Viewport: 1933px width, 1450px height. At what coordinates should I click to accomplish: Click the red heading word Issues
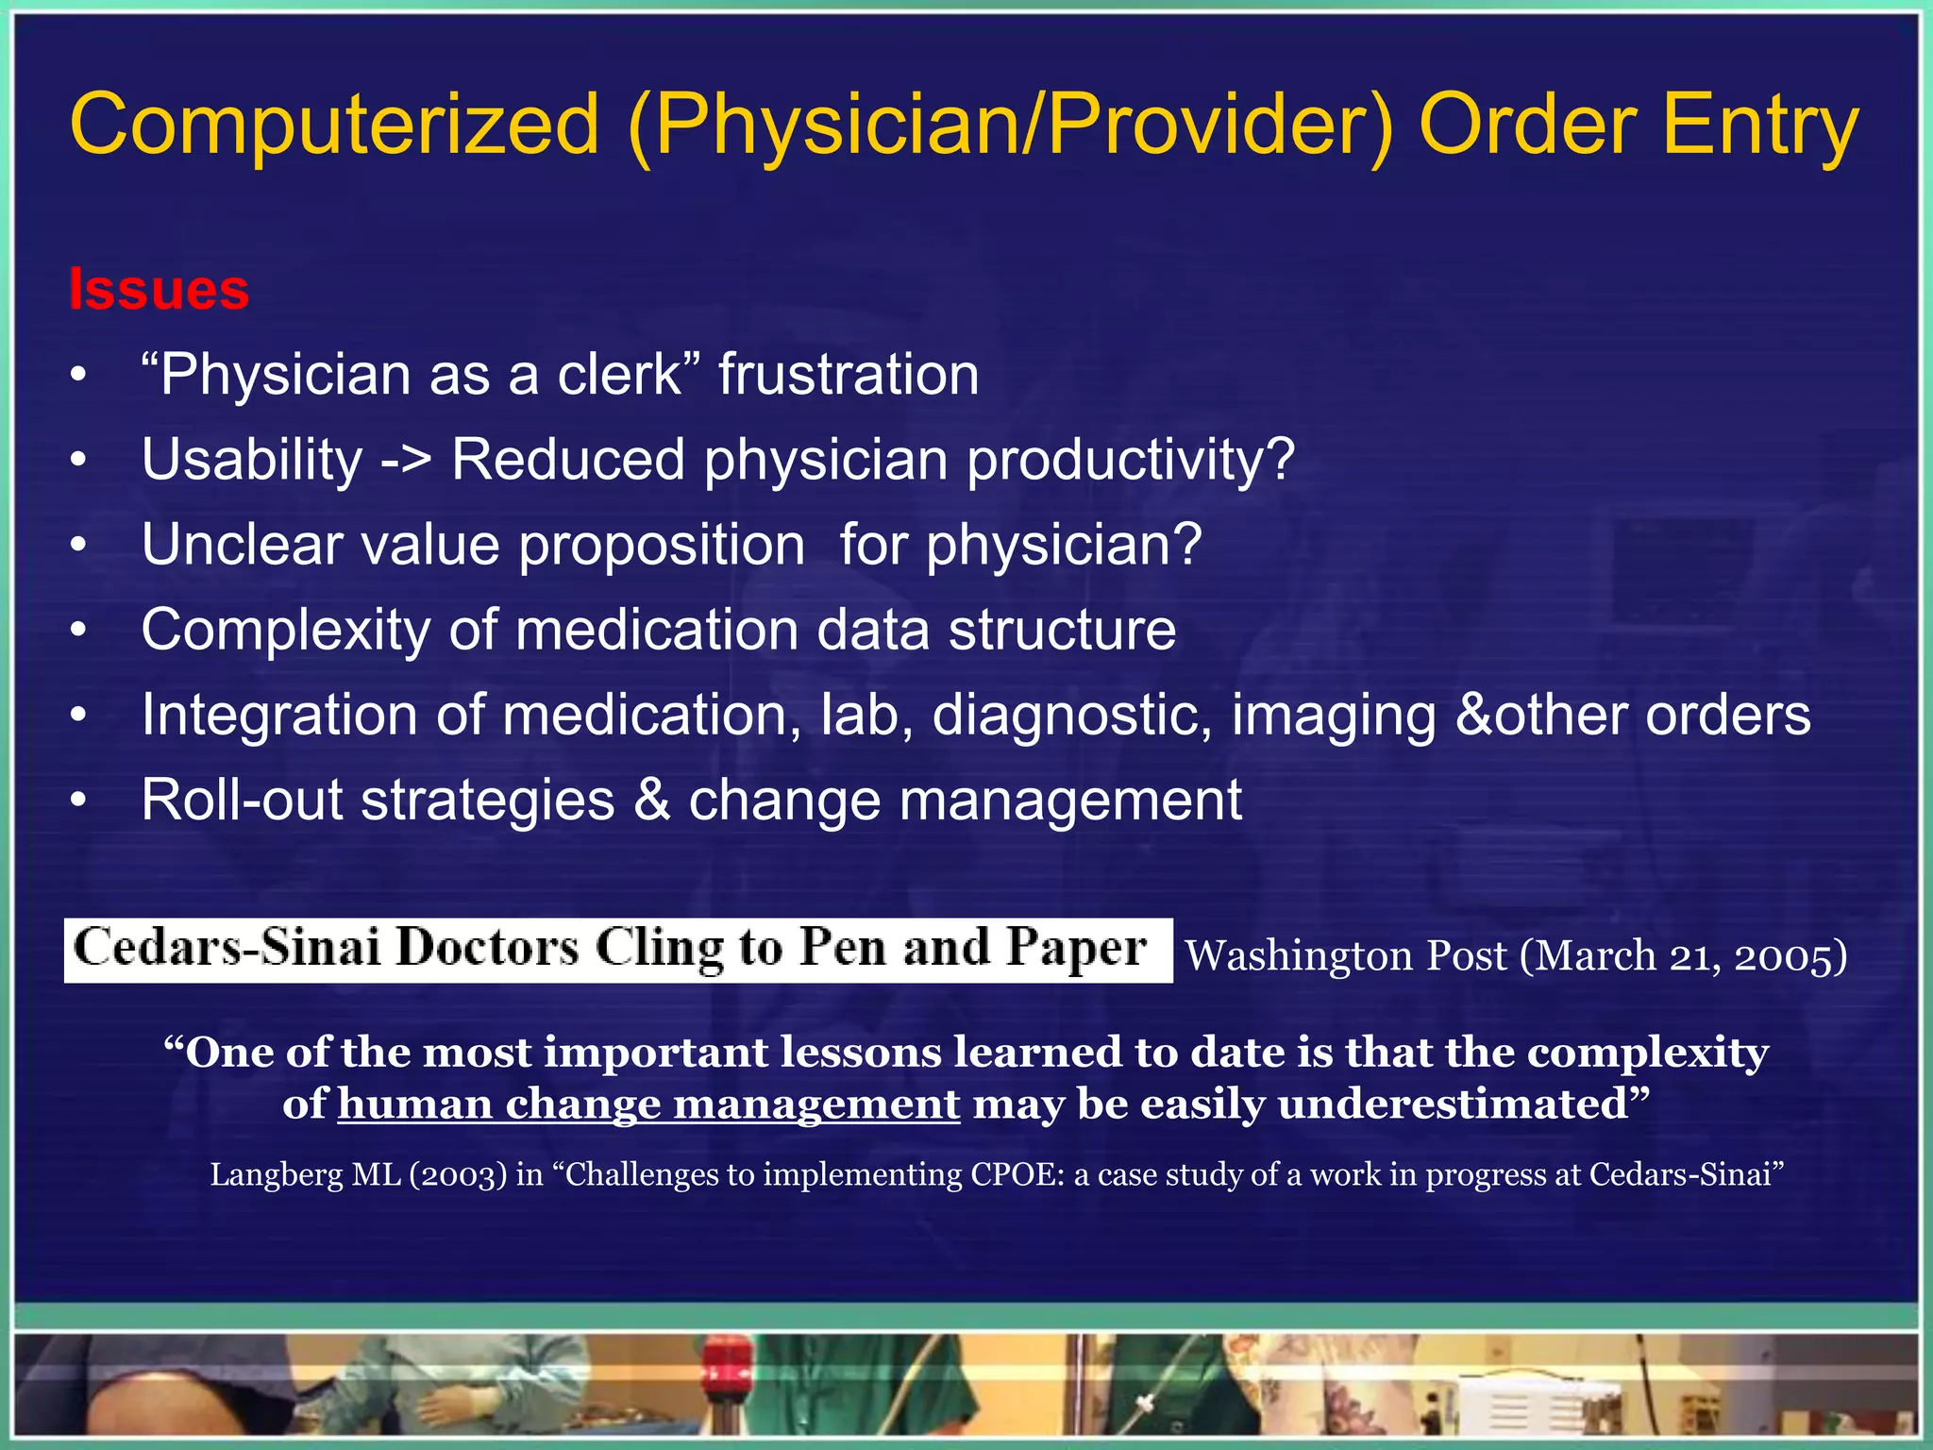(x=159, y=289)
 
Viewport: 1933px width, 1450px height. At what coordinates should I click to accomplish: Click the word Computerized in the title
(x=335, y=125)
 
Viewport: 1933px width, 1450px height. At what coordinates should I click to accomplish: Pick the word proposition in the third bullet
(x=662, y=546)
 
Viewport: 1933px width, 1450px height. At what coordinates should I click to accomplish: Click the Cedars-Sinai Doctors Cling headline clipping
(x=617, y=950)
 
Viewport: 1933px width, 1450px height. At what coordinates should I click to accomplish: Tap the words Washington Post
(x=1345, y=955)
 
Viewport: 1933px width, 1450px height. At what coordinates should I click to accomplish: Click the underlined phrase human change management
(x=648, y=1104)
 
